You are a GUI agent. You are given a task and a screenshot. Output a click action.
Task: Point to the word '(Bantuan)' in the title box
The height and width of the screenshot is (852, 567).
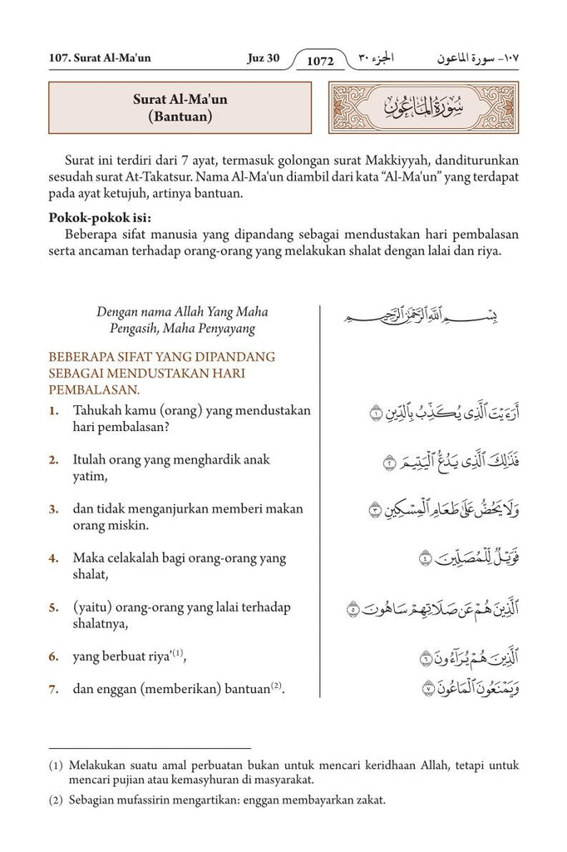180,117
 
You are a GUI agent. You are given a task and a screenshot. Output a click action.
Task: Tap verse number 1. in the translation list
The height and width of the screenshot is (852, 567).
53,411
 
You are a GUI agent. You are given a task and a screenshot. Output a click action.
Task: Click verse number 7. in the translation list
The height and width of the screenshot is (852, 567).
53,688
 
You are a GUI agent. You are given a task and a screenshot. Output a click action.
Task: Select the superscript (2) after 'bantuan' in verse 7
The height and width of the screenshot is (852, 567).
277,686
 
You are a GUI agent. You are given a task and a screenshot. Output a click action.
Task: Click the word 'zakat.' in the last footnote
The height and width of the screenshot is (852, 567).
368,800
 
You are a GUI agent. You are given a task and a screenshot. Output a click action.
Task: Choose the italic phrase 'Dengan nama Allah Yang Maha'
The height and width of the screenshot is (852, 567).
182,312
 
